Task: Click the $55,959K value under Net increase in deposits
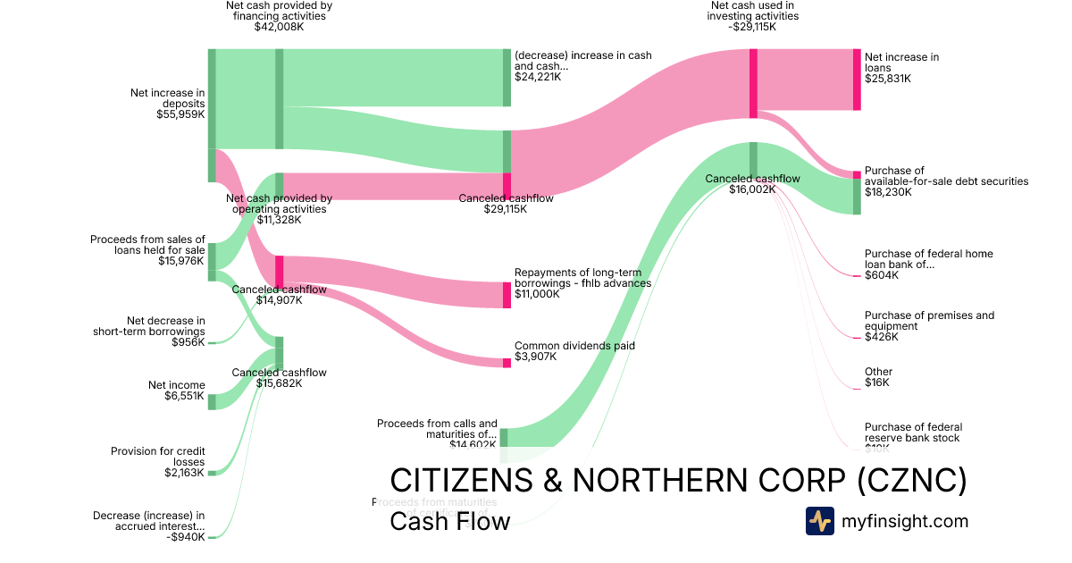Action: tap(180, 114)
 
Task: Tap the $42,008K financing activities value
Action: tap(279, 27)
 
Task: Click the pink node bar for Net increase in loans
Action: tap(857, 80)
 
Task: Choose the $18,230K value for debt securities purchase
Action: tap(889, 192)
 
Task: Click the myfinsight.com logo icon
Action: tap(819, 521)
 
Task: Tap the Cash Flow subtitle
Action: tap(449, 521)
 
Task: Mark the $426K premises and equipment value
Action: tap(882, 337)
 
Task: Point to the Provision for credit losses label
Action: tap(157, 457)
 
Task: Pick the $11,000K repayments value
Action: tap(537, 294)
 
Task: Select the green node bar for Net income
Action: tap(212, 401)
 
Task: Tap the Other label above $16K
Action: tap(878, 372)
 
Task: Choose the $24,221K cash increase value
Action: tap(538, 77)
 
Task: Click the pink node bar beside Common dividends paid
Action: tap(507, 362)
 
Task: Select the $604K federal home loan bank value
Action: tap(882, 275)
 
